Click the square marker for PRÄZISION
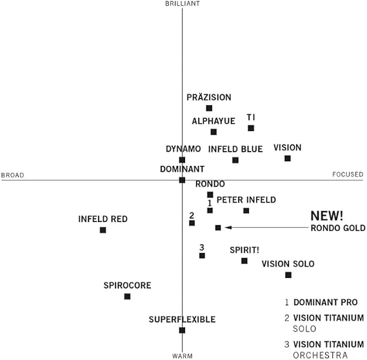(209, 108)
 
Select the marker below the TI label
(251, 128)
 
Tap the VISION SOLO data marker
(288, 275)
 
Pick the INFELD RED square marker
(103, 230)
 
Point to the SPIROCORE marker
(127, 297)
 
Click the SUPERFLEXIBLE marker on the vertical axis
(182, 330)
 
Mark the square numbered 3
(202, 255)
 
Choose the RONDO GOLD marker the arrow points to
(218, 228)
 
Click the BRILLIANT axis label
(183, 4)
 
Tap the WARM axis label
(183, 356)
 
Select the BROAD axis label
(13, 175)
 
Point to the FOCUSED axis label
(348, 174)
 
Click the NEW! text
(327, 216)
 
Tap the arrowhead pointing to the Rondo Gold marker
(228, 228)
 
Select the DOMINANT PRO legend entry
(321, 302)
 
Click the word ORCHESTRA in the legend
(320, 355)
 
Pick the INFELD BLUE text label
(235, 149)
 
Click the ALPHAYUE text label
(213, 121)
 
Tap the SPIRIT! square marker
(244, 261)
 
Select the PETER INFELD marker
(246, 211)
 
